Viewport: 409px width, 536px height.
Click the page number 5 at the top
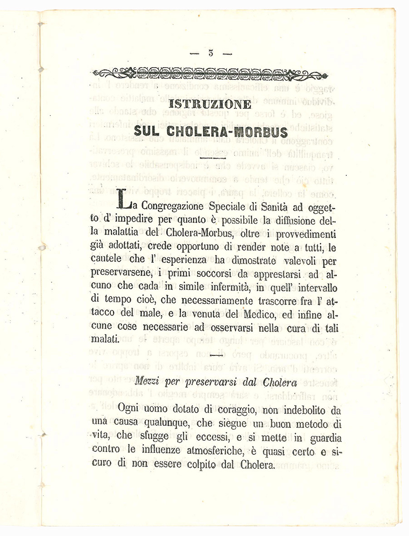pos(211,53)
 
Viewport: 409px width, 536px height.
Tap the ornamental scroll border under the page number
pos(210,74)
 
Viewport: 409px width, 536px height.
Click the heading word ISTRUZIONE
pos(210,104)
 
